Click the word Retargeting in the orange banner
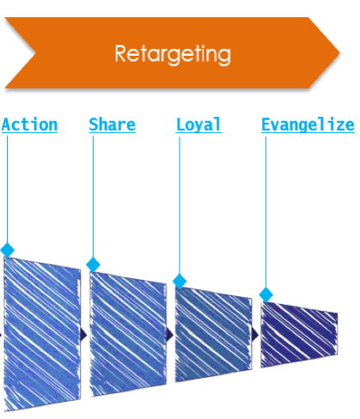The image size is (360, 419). point(173,54)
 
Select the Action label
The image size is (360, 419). point(29,124)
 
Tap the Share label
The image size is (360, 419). point(113,124)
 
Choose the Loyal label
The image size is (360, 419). point(198,124)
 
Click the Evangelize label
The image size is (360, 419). point(308,125)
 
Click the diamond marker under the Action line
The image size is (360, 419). point(8,250)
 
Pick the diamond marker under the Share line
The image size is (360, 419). point(93,264)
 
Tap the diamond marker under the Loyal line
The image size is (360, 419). point(180,281)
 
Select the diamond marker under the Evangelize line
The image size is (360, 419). point(265,295)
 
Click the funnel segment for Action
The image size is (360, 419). point(42,333)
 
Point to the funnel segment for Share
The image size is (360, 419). point(128,334)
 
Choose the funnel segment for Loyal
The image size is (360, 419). point(214,334)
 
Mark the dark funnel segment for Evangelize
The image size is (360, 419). point(299,335)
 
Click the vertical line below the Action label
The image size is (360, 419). point(7,189)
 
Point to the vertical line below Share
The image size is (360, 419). point(93,197)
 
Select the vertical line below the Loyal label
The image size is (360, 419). point(180,205)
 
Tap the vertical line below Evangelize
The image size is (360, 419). point(265,212)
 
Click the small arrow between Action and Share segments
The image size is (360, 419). point(84,335)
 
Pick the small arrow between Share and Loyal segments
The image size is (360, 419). point(170,335)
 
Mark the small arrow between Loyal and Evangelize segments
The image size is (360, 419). point(255,335)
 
